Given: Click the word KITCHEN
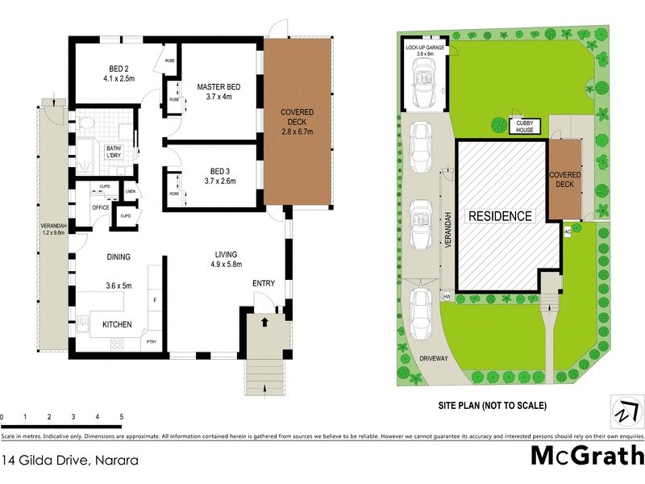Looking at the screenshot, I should tap(117, 324).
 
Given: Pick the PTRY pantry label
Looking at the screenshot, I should tap(152, 343).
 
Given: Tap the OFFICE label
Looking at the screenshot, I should tap(101, 207).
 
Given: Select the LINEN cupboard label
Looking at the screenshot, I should tap(131, 191).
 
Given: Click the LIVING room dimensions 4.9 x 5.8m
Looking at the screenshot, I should tap(227, 264).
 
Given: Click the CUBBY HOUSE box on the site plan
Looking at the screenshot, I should tap(525, 124).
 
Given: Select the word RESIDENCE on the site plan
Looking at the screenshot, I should tap(501, 216).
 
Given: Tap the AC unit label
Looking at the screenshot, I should tap(568, 232).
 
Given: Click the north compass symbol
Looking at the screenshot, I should tap(623, 411).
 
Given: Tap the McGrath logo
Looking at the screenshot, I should tap(586, 456).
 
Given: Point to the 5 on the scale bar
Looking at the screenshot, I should tap(122, 416).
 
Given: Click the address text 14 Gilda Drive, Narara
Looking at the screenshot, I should tap(69, 461).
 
